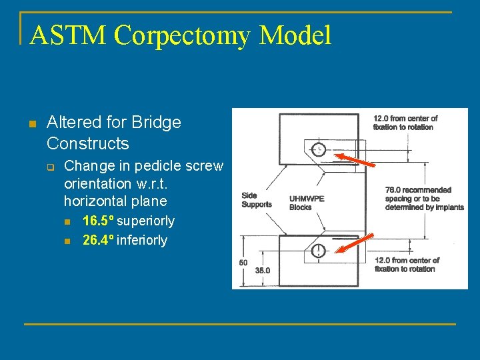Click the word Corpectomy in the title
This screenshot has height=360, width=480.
[188, 35]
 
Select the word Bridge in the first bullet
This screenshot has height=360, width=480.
[157, 123]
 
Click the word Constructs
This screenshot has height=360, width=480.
[88, 143]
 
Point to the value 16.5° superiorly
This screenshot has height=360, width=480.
[128, 221]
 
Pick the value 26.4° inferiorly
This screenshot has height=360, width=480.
[125, 240]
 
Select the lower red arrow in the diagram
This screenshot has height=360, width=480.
[353, 244]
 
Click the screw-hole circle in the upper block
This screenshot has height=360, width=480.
[319, 149]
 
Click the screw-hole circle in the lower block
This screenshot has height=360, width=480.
[319, 250]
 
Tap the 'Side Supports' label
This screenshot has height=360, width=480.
[256, 200]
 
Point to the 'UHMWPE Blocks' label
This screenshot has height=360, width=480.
[307, 203]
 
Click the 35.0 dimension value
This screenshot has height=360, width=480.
[263, 271]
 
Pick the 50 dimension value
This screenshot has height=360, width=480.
[243, 263]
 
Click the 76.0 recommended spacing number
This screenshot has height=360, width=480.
[394, 190]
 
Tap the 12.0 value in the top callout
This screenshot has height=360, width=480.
[381, 119]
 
